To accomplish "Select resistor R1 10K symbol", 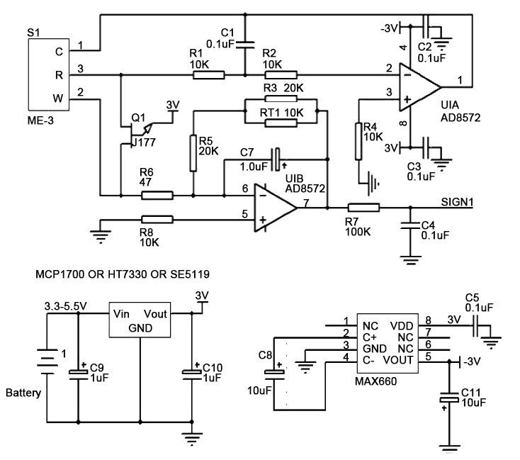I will coord(208,74).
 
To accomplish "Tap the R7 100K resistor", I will coord(363,207).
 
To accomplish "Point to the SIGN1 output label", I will coord(456,201).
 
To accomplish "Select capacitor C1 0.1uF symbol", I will coord(244,43).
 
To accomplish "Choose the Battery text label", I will coord(23,392).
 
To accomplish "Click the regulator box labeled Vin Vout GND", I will coord(140,321).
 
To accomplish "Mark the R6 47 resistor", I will coord(152,195).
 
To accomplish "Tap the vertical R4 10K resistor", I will coord(358,139).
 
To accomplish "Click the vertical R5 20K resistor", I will coord(192,152).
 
